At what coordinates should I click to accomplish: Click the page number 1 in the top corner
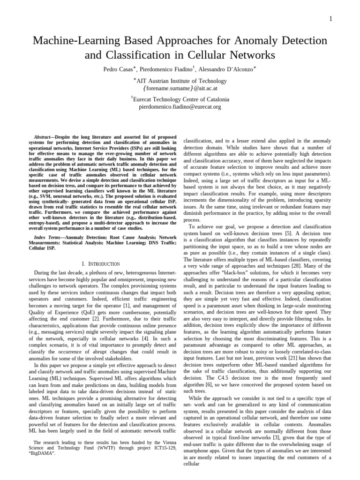click(331, 19)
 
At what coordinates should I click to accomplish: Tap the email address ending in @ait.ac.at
click(180, 88)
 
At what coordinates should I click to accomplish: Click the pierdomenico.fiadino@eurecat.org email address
click(180, 106)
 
